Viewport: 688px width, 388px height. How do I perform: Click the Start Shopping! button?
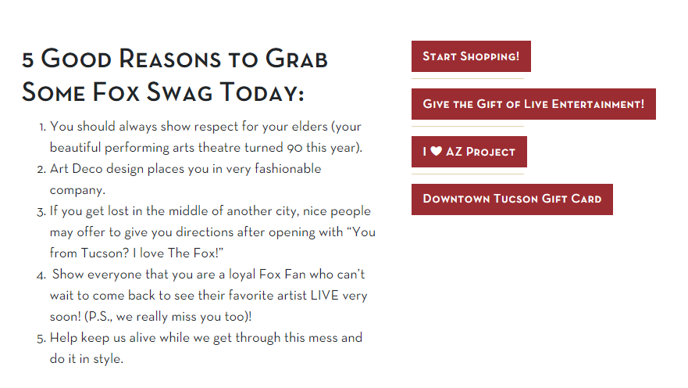[471, 56]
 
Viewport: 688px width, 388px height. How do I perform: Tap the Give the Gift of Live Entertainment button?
[533, 104]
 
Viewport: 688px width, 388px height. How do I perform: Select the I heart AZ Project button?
[469, 152]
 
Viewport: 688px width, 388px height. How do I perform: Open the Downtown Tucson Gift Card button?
[512, 199]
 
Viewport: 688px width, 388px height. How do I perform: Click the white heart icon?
[436, 151]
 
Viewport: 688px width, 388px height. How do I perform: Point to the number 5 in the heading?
[27, 60]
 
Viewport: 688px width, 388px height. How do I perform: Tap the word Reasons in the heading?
[169, 59]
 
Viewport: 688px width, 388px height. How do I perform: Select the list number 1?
[42, 128]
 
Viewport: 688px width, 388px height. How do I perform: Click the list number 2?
[41, 170]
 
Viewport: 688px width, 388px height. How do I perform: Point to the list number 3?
[41, 212]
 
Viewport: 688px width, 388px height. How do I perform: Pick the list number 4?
[41, 276]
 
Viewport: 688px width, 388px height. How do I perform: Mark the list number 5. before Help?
[41, 339]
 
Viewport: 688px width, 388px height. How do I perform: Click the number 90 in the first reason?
[295, 148]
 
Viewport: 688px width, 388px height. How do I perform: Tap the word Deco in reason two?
[87, 169]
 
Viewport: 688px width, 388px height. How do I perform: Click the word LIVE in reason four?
[325, 295]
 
